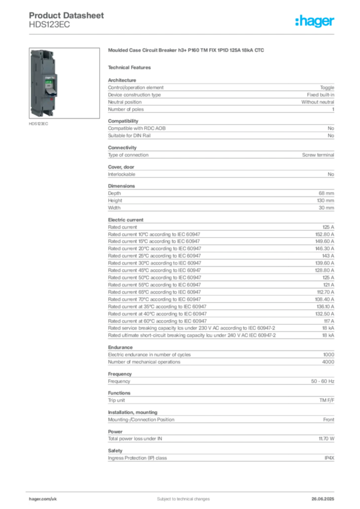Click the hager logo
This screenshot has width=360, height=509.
(x=315, y=21)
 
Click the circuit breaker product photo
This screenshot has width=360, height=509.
(x=43, y=83)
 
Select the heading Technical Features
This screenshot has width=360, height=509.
(x=129, y=68)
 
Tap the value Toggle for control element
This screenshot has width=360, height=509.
(x=327, y=87)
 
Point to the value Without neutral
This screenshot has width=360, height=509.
(x=317, y=102)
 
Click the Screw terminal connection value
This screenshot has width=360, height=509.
(x=318, y=155)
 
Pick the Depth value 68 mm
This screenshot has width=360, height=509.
(x=326, y=193)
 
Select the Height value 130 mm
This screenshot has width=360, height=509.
(x=325, y=201)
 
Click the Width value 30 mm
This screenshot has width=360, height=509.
(x=326, y=208)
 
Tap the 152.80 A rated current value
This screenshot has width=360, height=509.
(x=325, y=235)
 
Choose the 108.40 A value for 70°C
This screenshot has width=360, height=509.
(x=325, y=299)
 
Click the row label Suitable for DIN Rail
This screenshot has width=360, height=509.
(x=129, y=136)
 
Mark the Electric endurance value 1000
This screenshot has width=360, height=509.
(x=329, y=354)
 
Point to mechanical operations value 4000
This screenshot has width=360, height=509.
(x=328, y=362)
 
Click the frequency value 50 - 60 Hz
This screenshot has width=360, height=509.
(x=323, y=381)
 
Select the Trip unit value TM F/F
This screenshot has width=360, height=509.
(x=327, y=400)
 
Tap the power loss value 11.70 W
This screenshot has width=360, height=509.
(x=326, y=438)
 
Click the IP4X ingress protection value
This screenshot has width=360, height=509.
(x=330, y=458)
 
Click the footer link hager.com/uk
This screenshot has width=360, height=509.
(x=43, y=499)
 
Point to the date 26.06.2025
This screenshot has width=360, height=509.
(x=323, y=499)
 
